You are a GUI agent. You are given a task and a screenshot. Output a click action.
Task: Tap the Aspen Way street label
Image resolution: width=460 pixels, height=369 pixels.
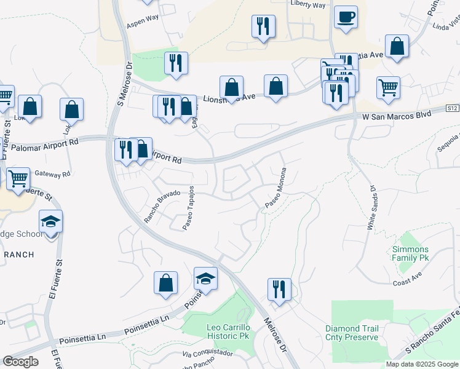[x=143, y=23]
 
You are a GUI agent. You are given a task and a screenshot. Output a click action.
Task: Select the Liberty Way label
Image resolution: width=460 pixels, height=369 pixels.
[x=308, y=5]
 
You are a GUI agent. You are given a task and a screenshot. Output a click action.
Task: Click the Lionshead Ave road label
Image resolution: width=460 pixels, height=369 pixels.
[x=229, y=98]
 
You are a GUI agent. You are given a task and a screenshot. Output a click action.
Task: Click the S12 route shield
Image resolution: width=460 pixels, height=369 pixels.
[x=452, y=108]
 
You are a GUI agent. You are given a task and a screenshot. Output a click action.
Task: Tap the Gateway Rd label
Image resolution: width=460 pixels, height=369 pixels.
[x=54, y=174]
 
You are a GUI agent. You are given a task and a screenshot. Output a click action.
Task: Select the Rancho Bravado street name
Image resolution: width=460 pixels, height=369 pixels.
[x=162, y=205]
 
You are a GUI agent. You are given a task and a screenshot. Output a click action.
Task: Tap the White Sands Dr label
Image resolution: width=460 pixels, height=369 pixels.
[x=371, y=207]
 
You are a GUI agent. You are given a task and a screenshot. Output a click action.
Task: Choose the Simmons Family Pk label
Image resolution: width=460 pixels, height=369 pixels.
[x=410, y=253]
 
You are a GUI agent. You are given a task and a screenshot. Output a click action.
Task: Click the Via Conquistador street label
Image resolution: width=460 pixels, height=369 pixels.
[x=208, y=354]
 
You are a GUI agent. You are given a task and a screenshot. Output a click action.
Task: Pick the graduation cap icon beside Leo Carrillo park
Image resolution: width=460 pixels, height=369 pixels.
[x=205, y=278]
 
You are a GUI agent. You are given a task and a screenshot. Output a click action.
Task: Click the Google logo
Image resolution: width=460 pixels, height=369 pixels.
[x=20, y=361]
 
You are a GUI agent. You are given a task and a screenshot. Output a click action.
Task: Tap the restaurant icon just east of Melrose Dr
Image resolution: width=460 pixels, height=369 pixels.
[x=279, y=289]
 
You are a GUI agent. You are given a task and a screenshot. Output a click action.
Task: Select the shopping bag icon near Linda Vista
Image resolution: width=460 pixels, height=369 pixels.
[x=397, y=46]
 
